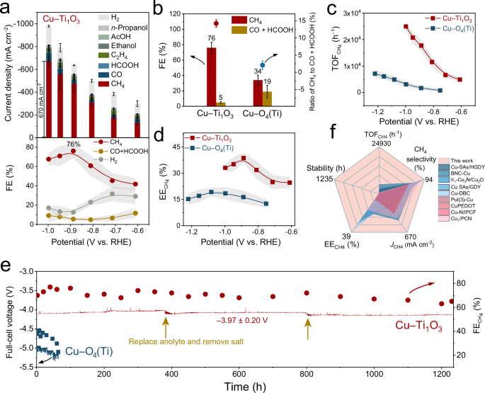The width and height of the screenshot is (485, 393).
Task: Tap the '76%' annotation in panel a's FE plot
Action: [73, 144]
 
